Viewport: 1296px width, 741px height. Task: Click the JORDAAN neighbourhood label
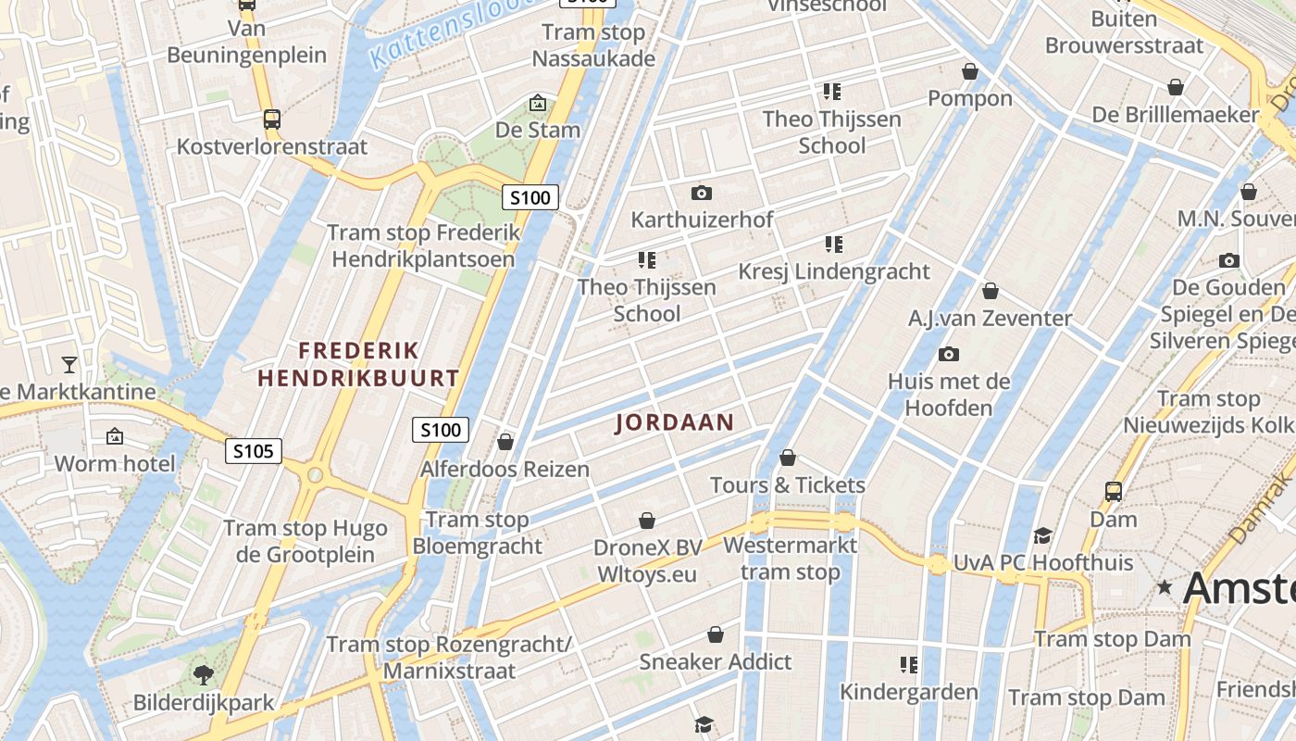675,422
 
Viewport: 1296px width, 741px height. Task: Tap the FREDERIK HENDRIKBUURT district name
358,364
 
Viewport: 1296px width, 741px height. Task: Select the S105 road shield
254,451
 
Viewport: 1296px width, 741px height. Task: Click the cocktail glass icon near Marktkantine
69,363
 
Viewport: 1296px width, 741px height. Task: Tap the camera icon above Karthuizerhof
702,193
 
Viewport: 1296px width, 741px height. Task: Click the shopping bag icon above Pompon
970,71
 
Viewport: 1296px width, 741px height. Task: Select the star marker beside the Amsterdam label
1165,587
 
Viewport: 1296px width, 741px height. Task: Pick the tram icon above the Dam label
1113,491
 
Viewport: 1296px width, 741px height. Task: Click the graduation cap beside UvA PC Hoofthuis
1043,535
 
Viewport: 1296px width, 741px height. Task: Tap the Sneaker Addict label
716,661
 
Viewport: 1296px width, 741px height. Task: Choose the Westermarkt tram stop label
791,559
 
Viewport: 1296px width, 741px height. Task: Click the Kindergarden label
908,692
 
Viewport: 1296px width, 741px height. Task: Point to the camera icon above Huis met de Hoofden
949,354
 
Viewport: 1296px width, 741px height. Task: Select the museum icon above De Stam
537,103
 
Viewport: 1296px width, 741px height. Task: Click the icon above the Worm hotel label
115,435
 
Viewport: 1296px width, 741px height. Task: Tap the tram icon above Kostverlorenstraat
271,119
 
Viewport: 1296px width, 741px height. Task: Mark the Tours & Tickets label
787,484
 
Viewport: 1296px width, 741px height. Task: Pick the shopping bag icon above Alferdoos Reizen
505,442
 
